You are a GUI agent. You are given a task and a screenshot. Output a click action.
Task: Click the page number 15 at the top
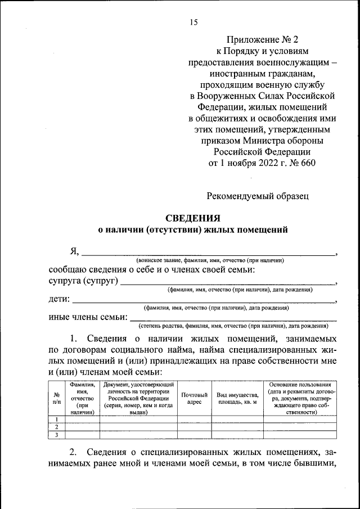click(193, 22)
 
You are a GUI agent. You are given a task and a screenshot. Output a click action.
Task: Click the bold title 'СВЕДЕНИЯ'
click(192, 218)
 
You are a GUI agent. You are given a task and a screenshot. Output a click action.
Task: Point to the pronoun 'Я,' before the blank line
click(74, 251)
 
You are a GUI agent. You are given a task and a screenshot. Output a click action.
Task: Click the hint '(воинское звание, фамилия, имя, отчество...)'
click(209, 260)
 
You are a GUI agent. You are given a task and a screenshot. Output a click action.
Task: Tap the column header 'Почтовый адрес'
click(194, 399)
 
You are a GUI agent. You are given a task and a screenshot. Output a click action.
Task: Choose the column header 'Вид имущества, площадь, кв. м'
click(237, 399)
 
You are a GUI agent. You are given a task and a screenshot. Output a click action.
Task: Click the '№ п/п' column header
click(57, 398)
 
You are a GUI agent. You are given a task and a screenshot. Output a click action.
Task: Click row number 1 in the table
click(57, 419)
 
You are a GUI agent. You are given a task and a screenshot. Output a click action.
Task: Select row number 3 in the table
click(57, 435)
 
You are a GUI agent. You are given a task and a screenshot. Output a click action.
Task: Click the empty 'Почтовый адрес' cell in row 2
click(194, 427)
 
